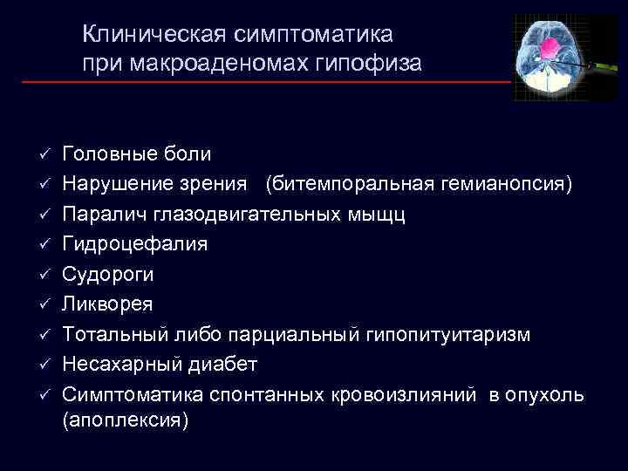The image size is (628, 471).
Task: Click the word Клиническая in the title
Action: tap(152, 35)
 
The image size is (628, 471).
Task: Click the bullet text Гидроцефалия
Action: tap(135, 244)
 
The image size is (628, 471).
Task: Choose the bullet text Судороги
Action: tap(108, 275)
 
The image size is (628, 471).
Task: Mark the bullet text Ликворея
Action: tap(108, 304)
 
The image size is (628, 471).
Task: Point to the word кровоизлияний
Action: tap(404, 394)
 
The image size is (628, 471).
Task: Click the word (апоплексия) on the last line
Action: tap(126, 420)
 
